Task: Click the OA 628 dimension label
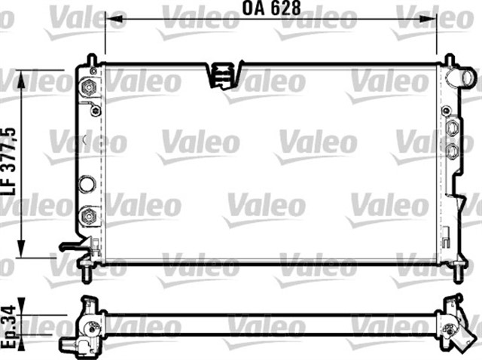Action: (x=270, y=10)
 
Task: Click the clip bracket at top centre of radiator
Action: (x=222, y=74)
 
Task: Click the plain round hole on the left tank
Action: (x=88, y=182)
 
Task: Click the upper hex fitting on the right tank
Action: (x=452, y=127)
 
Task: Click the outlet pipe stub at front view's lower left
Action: (x=73, y=246)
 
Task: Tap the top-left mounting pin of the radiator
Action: (x=90, y=60)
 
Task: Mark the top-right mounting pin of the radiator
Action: (x=449, y=60)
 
